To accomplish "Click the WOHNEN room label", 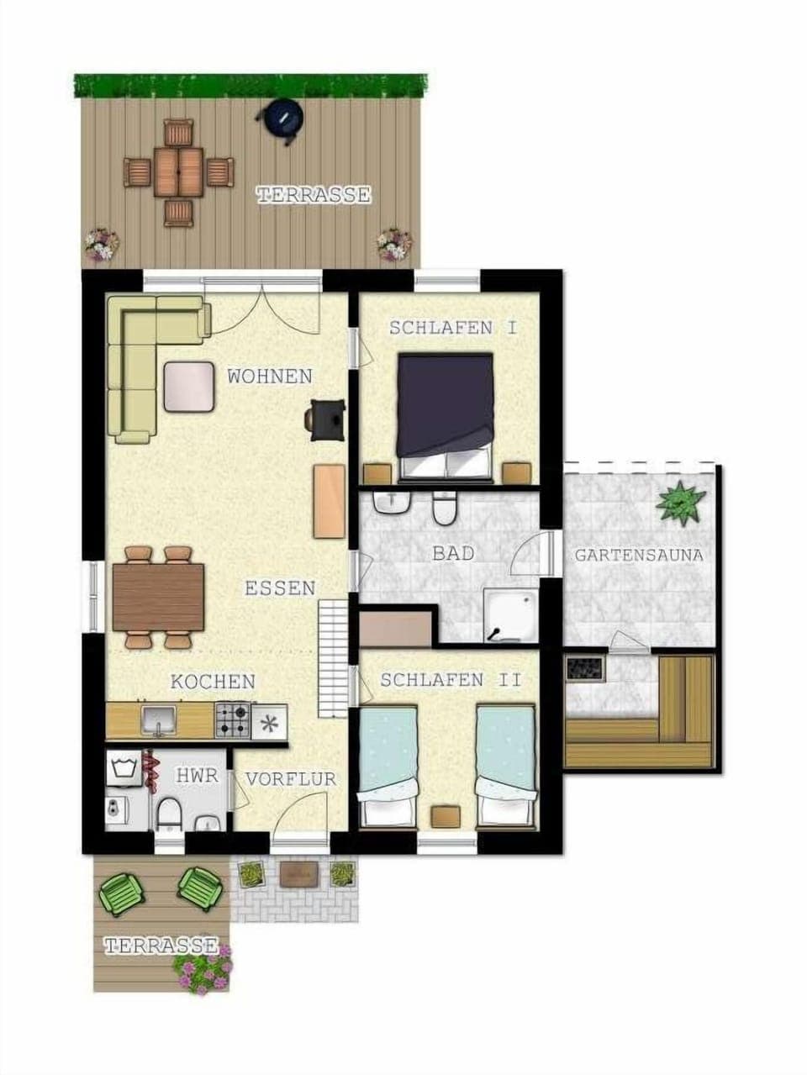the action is [x=270, y=377].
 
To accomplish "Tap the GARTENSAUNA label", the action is [x=639, y=556].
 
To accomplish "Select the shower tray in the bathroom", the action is [x=511, y=615].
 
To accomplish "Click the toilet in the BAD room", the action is [x=445, y=508].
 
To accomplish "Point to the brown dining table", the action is [x=158, y=598].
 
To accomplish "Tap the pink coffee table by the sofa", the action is [x=189, y=387].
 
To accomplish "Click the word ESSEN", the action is [x=280, y=588].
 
